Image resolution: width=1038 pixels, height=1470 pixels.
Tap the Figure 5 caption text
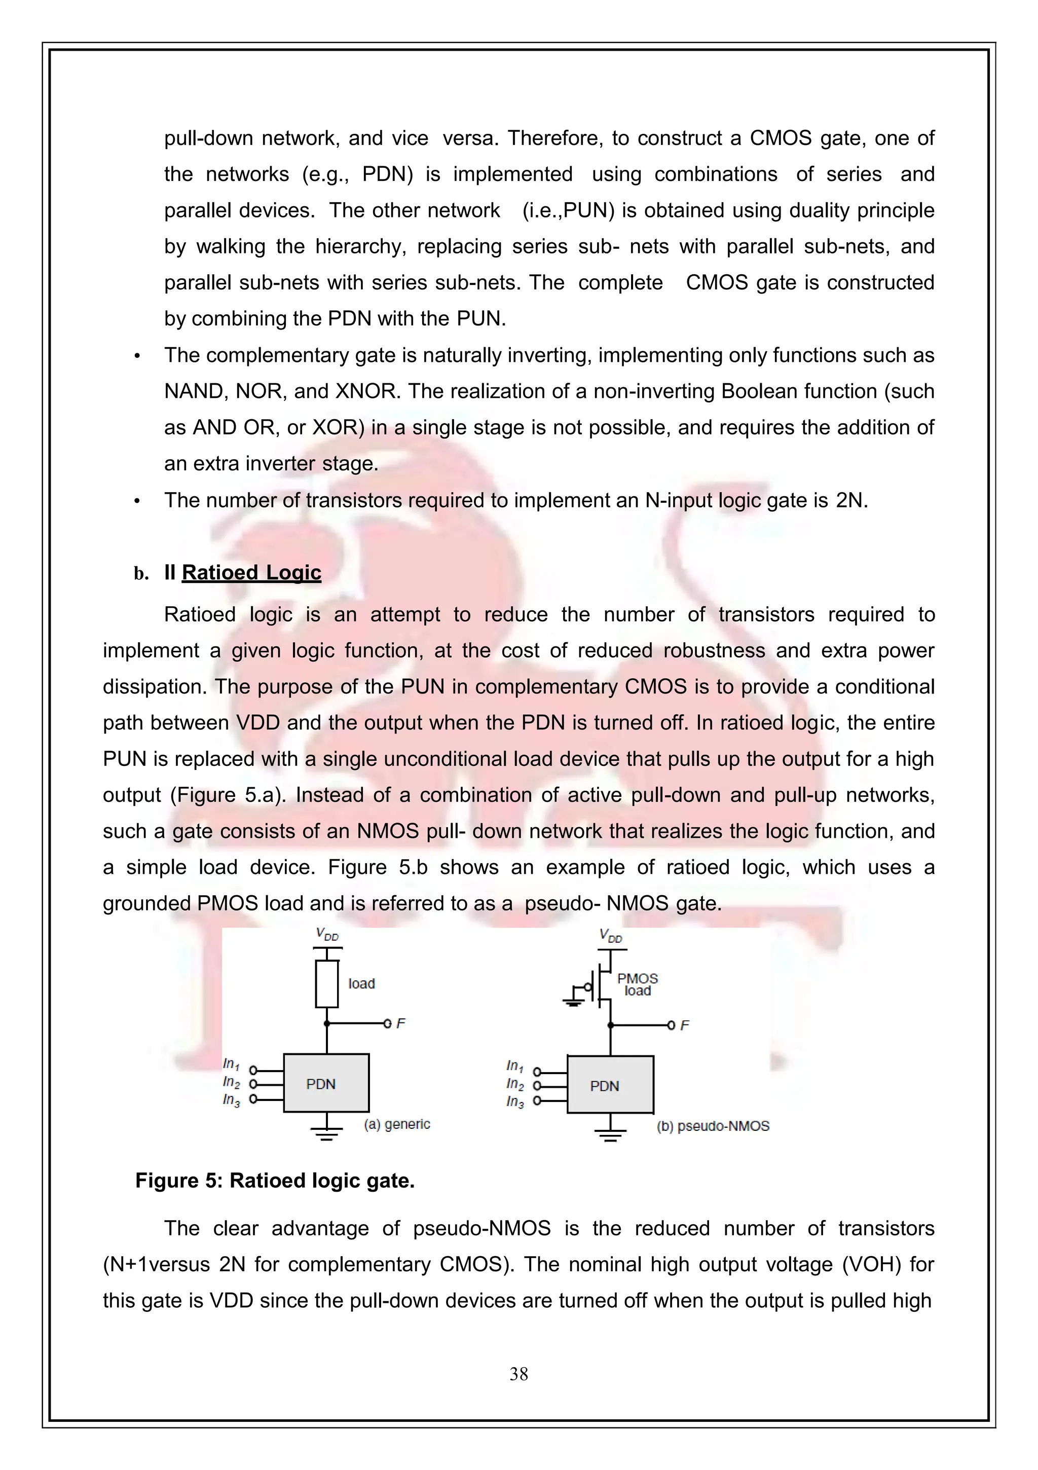tap(275, 1181)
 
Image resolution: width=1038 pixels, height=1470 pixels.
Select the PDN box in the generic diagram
tap(326, 1083)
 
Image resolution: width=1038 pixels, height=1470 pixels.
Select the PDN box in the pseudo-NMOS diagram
tap(610, 1085)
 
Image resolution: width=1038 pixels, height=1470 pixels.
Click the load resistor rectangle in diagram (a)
tap(326, 984)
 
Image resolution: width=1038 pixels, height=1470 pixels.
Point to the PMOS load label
tap(637, 985)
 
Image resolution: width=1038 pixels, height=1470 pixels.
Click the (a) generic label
tap(397, 1124)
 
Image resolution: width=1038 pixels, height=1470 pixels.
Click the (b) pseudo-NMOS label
tap(713, 1126)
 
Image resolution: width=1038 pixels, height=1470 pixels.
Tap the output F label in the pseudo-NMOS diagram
tap(685, 1025)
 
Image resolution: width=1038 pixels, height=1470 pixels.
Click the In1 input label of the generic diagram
tap(231, 1064)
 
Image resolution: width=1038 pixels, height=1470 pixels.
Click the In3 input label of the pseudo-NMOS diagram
tap(515, 1102)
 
